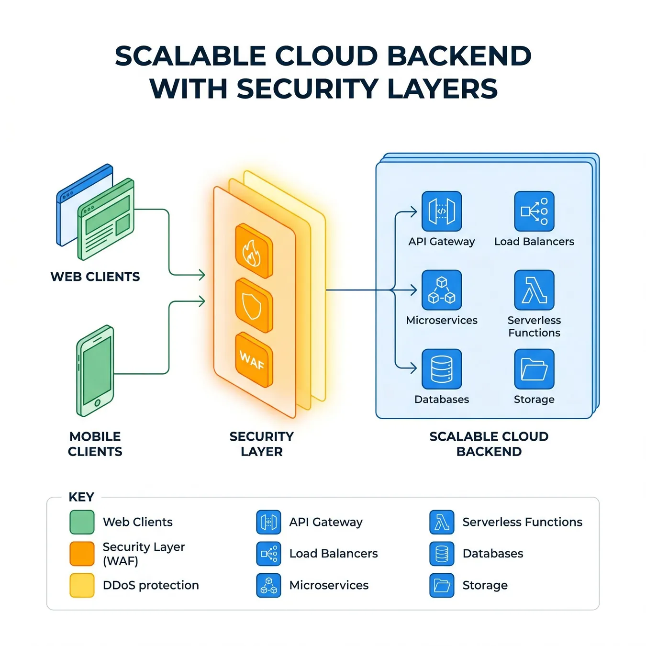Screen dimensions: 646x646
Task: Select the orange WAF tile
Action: pos(254,360)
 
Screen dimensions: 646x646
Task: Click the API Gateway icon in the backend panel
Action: pos(442,211)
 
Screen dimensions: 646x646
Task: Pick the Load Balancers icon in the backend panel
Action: pos(534,211)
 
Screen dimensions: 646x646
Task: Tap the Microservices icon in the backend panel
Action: pos(442,290)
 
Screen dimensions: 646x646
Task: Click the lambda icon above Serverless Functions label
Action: pos(534,290)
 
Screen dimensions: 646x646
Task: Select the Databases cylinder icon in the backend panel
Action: pos(442,369)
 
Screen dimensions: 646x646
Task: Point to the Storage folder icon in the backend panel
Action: pos(534,369)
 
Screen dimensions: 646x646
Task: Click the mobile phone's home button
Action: pos(97,402)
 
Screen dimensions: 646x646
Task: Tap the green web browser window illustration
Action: pos(106,219)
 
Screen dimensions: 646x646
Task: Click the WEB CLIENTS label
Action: pos(95,277)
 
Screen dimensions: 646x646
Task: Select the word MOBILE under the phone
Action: pos(95,436)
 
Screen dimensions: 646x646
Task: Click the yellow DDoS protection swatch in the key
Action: pos(82,585)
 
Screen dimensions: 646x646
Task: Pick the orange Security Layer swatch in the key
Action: pos(82,554)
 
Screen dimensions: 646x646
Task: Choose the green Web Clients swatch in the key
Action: pos(82,522)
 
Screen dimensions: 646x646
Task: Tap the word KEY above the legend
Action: pos(81,497)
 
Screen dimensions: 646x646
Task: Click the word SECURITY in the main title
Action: pos(308,89)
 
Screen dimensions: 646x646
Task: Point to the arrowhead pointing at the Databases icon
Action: pos(414,368)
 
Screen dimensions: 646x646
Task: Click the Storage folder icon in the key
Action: pos(442,585)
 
